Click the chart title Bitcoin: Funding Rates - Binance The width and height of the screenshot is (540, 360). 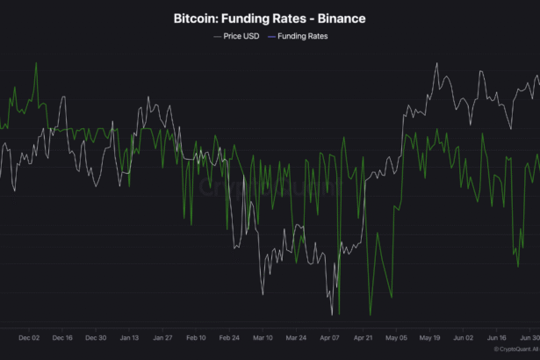point(270,18)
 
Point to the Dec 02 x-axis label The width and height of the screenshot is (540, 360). point(29,336)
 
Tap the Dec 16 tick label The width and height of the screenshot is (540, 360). point(62,336)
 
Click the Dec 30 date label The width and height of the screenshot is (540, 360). point(96,336)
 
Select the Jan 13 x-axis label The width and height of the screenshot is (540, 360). point(129,336)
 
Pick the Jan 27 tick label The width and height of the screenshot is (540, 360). point(162,336)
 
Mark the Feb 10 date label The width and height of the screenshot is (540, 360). point(196,336)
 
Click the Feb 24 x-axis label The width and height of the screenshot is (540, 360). point(229,336)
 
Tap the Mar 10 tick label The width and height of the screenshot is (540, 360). point(263,336)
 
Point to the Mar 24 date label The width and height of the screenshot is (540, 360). point(296,336)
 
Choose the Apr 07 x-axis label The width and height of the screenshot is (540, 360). point(329,336)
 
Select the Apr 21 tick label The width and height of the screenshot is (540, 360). point(363,336)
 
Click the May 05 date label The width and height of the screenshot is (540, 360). point(396,336)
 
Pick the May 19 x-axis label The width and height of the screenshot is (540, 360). point(429,336)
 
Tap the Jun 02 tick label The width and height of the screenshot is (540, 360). point(463,336)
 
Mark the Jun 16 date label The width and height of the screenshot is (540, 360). point(496,336)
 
